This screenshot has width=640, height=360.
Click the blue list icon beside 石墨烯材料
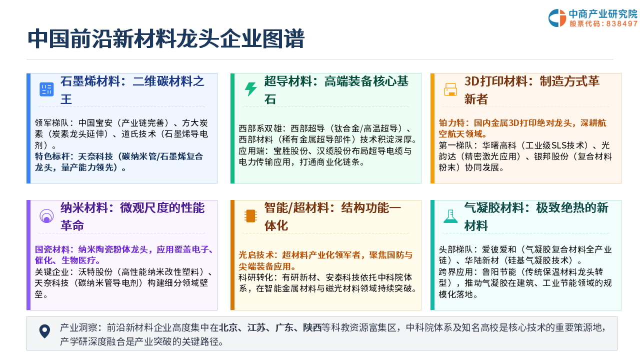(x=46, y=89)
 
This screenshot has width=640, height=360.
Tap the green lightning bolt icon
(x=250, y=89)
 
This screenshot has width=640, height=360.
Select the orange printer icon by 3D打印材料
(x=450, y=89)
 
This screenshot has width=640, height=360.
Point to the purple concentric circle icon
(x=46, y=216)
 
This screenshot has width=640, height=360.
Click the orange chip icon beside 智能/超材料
(x=250, y=216)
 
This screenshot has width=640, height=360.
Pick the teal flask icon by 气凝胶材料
(x=450, y=216)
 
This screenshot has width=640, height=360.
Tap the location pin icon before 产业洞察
(x=44, y=331)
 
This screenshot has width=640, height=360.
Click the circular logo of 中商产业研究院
(x=557, y=18)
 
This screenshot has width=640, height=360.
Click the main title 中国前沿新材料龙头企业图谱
(x=166, y=38)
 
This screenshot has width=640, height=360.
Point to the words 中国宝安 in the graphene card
(x=95, y=123)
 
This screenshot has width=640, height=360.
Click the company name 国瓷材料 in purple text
(x=52, y=249)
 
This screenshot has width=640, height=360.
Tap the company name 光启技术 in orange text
(x=255, y=255)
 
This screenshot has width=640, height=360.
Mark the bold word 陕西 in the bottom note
(x=312, y=327)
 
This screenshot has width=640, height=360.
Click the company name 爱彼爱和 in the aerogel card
(x=499, y=249)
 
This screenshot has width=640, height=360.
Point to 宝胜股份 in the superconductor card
(x=291, y=151)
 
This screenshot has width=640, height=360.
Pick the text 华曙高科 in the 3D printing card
(x=499, y=145)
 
